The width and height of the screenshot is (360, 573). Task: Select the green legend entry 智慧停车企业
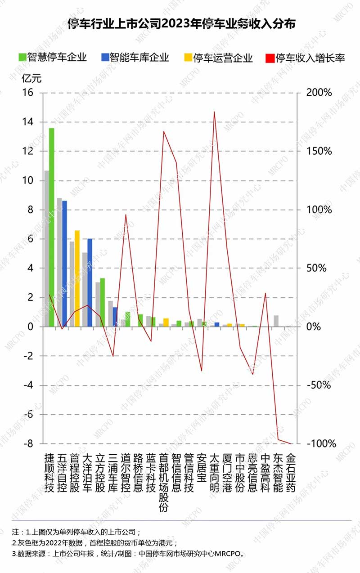(x=52, y=58)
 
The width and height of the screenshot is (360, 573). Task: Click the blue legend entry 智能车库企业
(x=135, y=58)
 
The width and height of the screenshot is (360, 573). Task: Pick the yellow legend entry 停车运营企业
(x=218, y=58)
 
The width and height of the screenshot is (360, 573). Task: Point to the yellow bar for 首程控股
(x=77, y=278)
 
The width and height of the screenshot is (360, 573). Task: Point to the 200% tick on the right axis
(x=319, y=93)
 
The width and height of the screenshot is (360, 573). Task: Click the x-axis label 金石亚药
(x=291, y=473)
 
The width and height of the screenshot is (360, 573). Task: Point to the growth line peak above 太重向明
(x=214, y=112)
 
